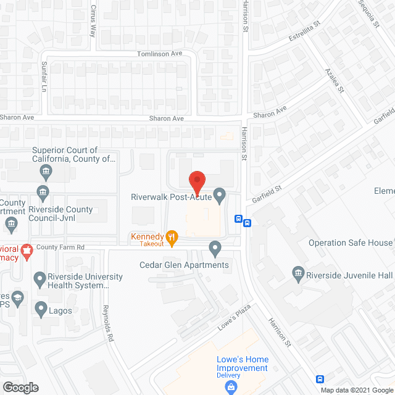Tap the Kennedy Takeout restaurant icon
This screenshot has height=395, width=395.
point(172,236)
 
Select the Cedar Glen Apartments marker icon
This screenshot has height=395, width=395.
point(215,249)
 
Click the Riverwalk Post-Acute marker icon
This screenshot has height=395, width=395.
point(218,196)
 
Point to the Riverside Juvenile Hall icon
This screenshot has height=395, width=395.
point(297,272)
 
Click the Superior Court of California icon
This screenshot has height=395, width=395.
point(45,171)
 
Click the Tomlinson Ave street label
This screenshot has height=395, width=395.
point(159,54)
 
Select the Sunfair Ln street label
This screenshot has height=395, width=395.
point(44,76)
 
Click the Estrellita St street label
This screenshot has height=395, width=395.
point(306,32)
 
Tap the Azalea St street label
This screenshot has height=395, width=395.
point(335,81)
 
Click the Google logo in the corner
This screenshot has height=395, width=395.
point(20,388)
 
